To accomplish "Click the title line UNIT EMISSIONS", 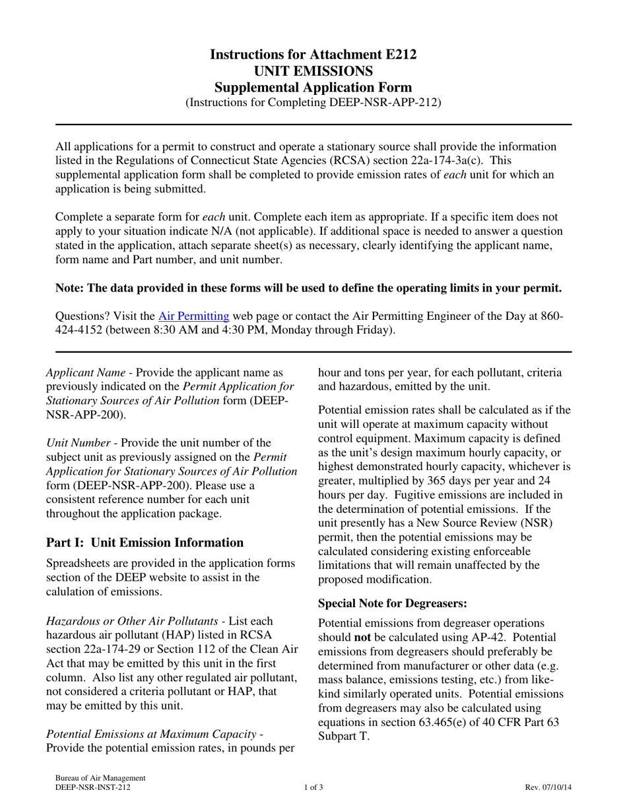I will (x=313, y=71).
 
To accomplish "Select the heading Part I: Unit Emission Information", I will (x=145, y=543).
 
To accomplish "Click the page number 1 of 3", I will (x=313, y=787).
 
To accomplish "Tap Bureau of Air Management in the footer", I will (x=100, y=778).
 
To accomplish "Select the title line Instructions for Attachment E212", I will (x=313, y=55).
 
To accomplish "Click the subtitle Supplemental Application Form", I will (x=313, y=87).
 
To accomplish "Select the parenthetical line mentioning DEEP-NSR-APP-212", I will (x=313, y=102).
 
